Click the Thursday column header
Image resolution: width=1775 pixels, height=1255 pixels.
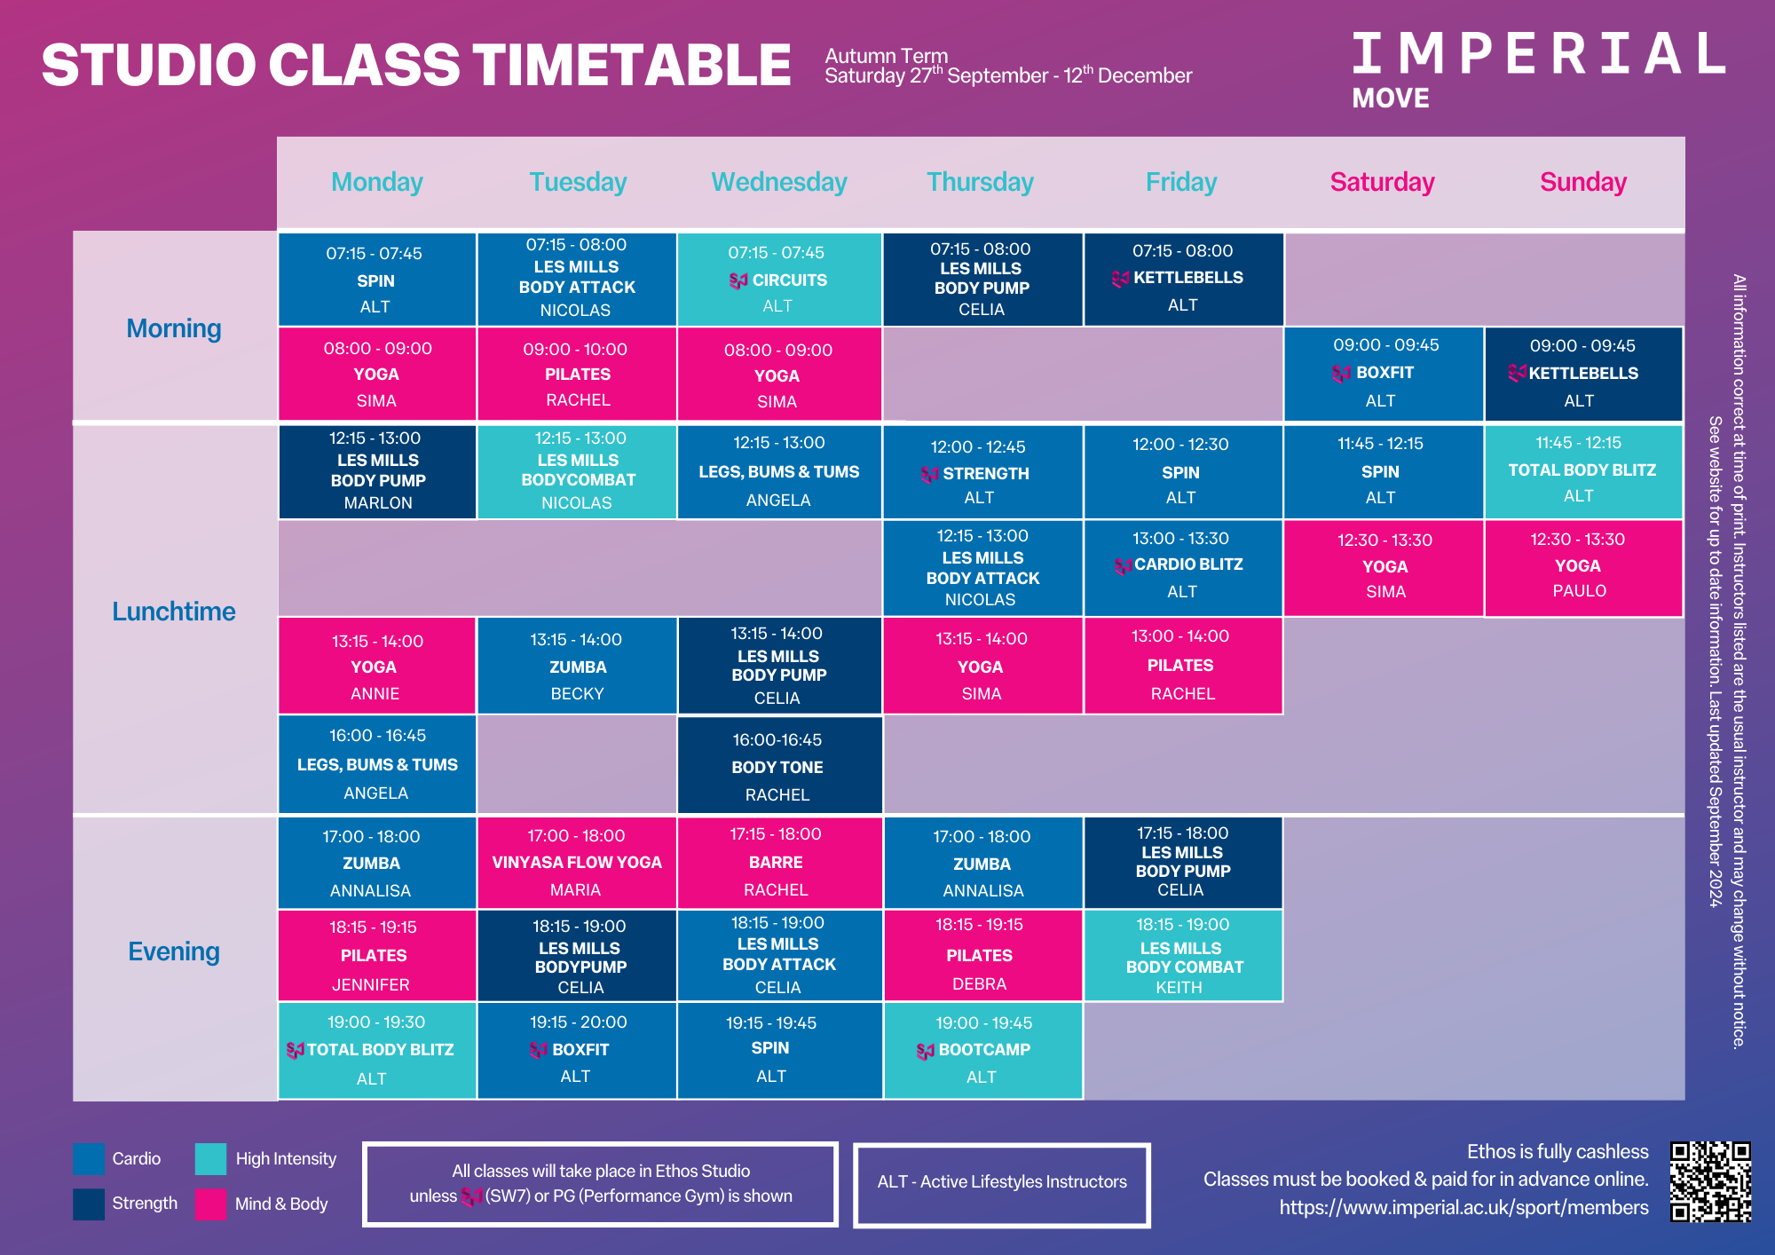point(980,182)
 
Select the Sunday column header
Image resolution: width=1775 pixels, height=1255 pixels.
point(1583,182)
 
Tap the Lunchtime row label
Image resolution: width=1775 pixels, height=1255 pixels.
point(174,612)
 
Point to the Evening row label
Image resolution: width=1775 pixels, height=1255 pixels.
point(174,951)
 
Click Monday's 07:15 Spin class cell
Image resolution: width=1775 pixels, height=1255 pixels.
point(377,280)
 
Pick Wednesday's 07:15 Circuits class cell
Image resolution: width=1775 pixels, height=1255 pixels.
point(779,280)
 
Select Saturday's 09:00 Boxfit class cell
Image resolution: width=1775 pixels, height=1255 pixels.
point(1384,374)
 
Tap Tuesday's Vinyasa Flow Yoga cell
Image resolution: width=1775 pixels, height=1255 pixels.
point(577,863)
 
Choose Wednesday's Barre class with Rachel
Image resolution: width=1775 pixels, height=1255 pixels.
point(779,863)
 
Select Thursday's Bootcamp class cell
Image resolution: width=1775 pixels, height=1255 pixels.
point(982,1050)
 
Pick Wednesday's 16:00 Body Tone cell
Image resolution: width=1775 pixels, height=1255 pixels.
point(779,765)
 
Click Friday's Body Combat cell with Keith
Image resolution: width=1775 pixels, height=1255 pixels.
point(1183,956)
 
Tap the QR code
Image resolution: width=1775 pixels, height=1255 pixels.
point(1710,1182)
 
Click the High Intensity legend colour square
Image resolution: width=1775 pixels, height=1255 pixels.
point(211,1159)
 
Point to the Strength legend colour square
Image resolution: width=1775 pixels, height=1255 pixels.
point(89,1204)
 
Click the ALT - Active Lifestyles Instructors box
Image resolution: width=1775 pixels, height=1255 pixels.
point(1002,1185)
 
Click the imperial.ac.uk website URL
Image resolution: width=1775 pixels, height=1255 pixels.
point(1463,1207)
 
